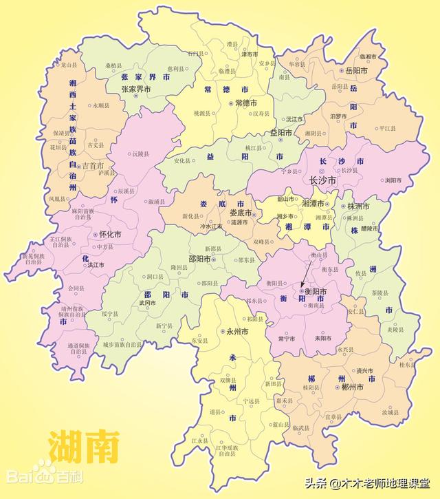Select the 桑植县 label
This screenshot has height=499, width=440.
114,66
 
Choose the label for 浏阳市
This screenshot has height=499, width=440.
393,180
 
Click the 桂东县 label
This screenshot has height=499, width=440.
408,365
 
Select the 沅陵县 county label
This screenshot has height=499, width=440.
142,153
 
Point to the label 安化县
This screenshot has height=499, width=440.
182,161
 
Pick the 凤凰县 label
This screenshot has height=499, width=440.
58,199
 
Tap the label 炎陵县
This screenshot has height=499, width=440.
395,329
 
